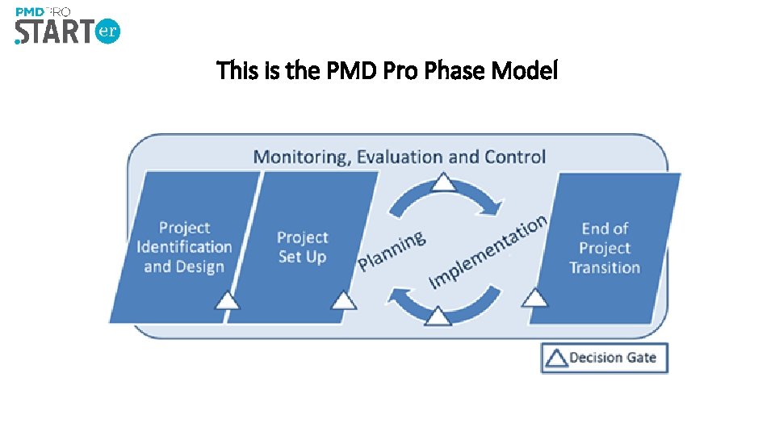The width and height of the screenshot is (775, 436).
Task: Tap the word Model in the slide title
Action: point(525,72)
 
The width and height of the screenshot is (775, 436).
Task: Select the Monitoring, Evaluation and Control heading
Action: point(399,156)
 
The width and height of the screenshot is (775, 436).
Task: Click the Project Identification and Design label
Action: point(184,247)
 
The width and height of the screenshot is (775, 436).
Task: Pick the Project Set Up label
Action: point(303,247)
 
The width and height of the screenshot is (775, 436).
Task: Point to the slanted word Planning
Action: point(392,250)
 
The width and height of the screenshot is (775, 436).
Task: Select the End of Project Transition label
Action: point(604,248)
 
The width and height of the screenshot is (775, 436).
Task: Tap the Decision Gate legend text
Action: point(613,358)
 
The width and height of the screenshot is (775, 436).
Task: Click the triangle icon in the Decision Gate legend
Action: point(555,358)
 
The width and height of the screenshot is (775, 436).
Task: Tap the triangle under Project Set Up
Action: point(344,300)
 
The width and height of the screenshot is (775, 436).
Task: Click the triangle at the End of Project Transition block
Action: point(534,298)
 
